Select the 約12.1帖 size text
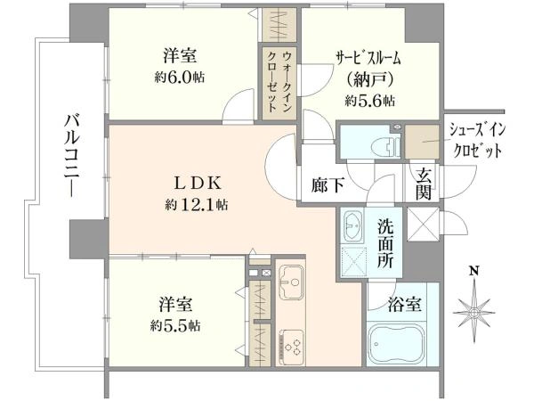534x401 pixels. click(195, 205)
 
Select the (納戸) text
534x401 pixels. click(368, 80)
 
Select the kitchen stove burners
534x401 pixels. click(291, 342)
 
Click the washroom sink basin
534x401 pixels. click(351, 224)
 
